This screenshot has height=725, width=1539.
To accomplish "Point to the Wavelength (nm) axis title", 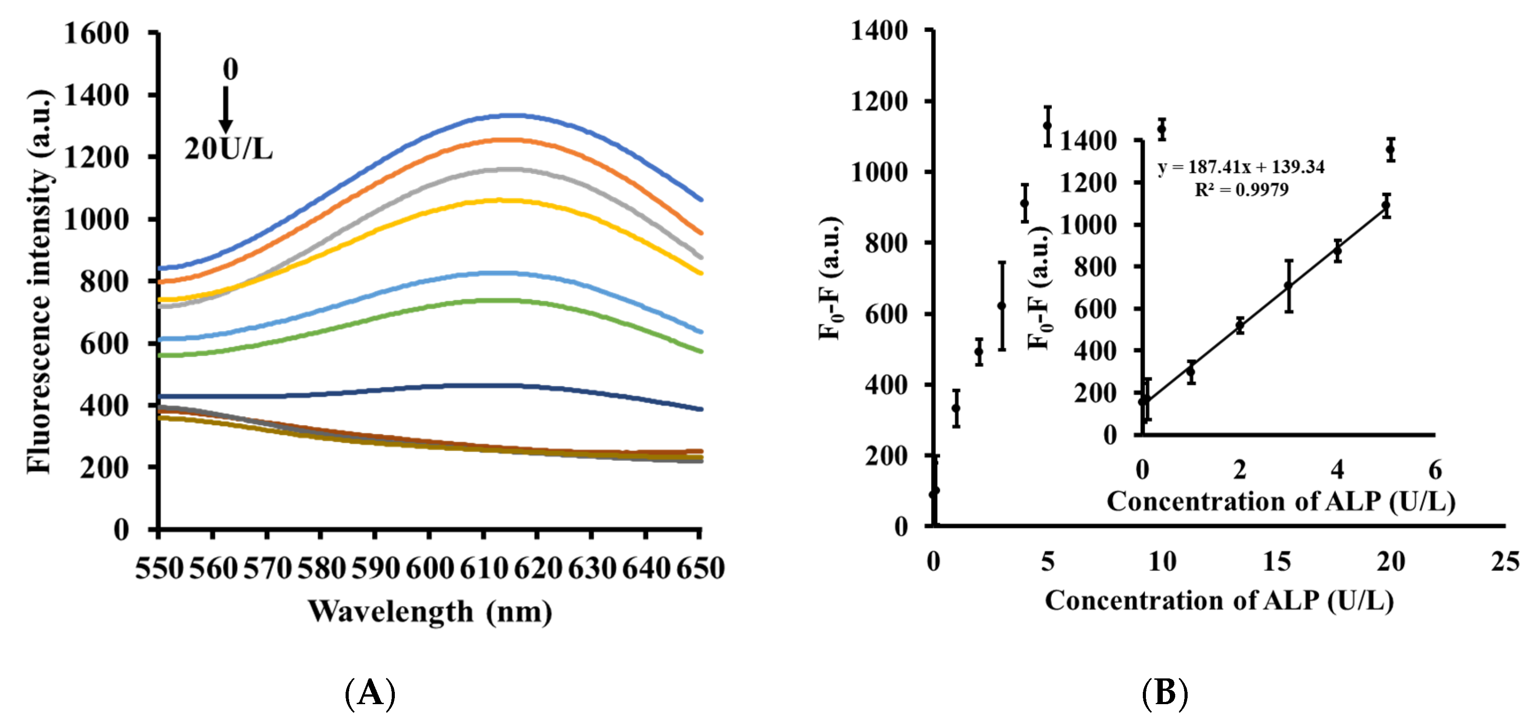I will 429,611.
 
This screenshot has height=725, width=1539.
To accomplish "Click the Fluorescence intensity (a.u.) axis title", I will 39,281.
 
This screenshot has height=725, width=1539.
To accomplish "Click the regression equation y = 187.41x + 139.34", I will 1241,167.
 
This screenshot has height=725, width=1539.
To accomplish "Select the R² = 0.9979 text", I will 1241,189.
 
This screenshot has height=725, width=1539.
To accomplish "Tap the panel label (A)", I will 370,693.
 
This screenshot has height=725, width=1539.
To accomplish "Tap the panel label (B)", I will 1165,693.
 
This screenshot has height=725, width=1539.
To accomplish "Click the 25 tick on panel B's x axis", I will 1504,561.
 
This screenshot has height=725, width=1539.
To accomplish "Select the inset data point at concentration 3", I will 1289,286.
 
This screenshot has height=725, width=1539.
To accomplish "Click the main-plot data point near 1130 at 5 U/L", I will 1047,126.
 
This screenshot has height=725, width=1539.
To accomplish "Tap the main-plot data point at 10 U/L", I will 1162,129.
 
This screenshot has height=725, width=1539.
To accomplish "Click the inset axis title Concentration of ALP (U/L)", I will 1280,501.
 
